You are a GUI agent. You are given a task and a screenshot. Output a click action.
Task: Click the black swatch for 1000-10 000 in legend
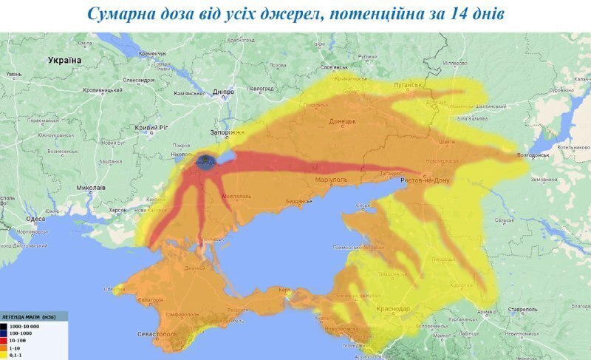click(x=4, y=326)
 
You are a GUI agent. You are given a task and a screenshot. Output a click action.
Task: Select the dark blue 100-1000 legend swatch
click(x=4, y=333)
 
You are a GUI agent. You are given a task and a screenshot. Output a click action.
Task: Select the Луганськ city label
click(x=407, y=85)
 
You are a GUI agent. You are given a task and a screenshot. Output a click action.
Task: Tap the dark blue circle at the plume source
click(x=206, y=162)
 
